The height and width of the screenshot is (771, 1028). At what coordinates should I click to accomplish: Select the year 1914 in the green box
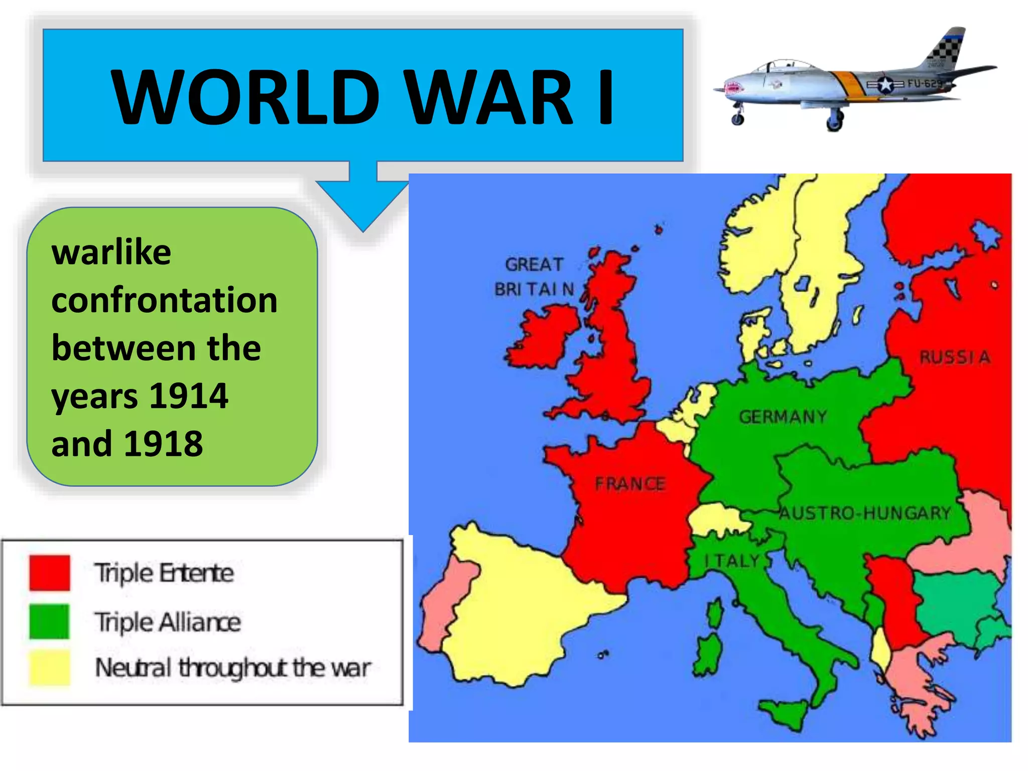[x=189, y=396]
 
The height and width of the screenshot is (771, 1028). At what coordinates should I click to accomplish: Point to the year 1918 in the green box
[x=164, y=444]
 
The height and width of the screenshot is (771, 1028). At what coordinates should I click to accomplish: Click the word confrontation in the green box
[x=164, y=300]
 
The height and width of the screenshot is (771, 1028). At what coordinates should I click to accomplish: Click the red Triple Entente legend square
[x=50, y=573]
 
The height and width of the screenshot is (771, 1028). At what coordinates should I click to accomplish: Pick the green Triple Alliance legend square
[x=50, y=621]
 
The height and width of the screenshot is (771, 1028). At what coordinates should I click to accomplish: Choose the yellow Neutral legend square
[x=50, y=668]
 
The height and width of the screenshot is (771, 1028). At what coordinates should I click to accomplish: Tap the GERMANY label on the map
[x=783, y=417]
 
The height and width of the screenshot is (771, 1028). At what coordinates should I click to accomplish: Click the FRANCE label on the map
[x=630, y=484]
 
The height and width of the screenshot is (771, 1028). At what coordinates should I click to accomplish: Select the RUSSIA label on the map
[x=954, y=357]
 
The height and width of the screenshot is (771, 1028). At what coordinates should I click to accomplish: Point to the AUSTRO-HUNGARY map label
[x=865, y=513]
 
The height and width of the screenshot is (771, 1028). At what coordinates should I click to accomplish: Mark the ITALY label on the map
[x=732, y=561]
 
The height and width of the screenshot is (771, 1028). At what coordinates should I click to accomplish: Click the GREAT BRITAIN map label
[x=534, y=277]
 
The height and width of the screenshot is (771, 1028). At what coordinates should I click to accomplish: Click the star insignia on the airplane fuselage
[x=885, y=84]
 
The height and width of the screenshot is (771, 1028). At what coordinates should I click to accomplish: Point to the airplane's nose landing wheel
[x=737, y=119]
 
